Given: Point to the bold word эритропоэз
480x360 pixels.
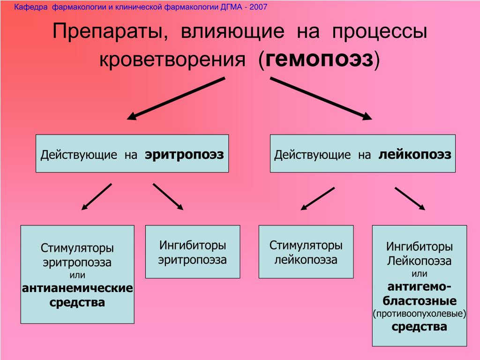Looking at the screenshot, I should [184, 154].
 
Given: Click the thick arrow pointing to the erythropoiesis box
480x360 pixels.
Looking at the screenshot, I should [176, 98].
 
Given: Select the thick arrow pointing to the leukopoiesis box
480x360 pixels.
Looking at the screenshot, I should [321, 98].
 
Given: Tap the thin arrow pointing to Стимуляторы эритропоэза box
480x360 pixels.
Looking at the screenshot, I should [97, 196].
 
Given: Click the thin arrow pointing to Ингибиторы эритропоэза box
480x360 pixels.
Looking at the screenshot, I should [168, 196].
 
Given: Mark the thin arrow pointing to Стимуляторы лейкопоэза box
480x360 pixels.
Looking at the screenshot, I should [317, 199].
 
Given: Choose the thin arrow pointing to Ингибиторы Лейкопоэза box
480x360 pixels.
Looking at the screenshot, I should [410, 199].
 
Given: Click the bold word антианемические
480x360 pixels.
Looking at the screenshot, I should [77, 288].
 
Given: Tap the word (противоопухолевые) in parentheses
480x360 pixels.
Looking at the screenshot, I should [419, 313].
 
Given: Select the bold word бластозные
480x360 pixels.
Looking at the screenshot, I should [420, 300].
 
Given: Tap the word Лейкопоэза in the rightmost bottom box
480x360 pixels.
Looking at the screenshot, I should [419, 261].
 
